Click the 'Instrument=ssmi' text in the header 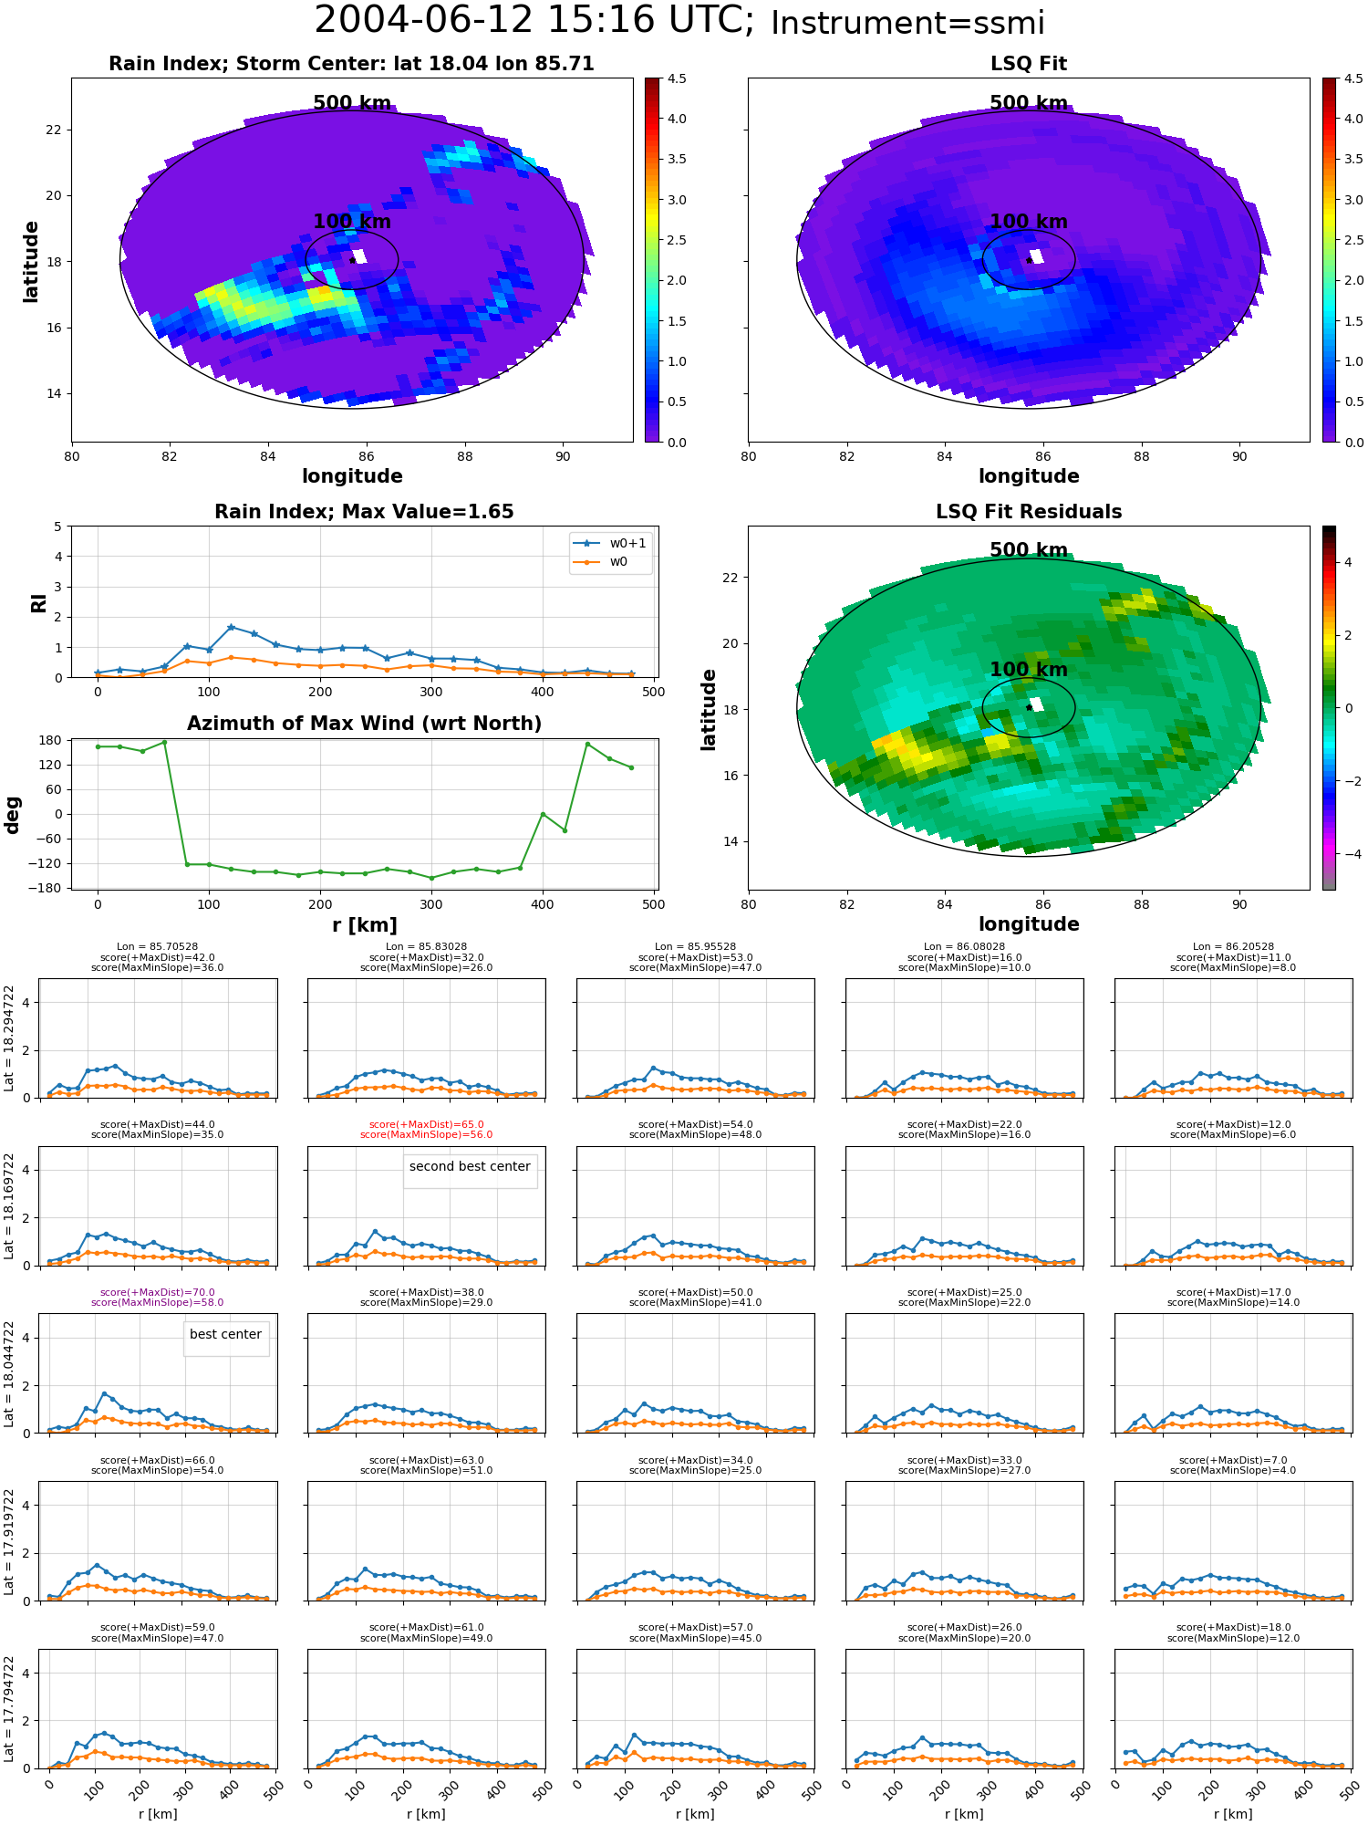(907, 24)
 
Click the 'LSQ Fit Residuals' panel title (1029, 512)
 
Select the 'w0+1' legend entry (610, 544)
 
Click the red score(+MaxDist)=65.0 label (427, 1125)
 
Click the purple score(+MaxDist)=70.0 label (158, 1293)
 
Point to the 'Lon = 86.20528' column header (1233, 947)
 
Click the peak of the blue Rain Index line (231, 627)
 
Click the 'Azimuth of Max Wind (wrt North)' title (364, 724)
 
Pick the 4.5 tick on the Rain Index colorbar (677, 78)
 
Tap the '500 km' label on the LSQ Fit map (1029, 103)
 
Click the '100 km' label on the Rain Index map (352, 222)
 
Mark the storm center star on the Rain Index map (352, 260)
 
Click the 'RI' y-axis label (38, 602)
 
